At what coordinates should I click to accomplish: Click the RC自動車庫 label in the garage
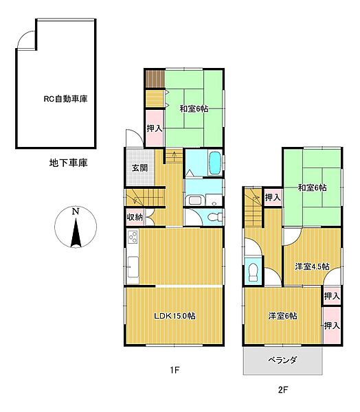[x=66, y=99]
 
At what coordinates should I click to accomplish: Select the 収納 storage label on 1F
[x=134, y=218]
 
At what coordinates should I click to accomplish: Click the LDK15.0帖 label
[x=174, y=316]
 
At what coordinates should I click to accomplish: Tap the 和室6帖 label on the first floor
[x=194, y=108]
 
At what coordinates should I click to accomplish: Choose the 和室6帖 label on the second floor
[x=312, y=187]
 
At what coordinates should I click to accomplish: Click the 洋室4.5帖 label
[x=312, y=266]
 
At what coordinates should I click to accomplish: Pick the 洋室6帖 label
[x=282, y=316]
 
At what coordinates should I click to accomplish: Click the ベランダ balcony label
[x=282, y=360]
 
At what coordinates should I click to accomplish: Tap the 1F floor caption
[x=175, y=371]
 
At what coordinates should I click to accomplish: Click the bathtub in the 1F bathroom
[x=212, y=164]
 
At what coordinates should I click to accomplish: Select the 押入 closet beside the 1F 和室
[x=155, y=128]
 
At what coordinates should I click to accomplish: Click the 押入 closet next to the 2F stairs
[x=273, y=198]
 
